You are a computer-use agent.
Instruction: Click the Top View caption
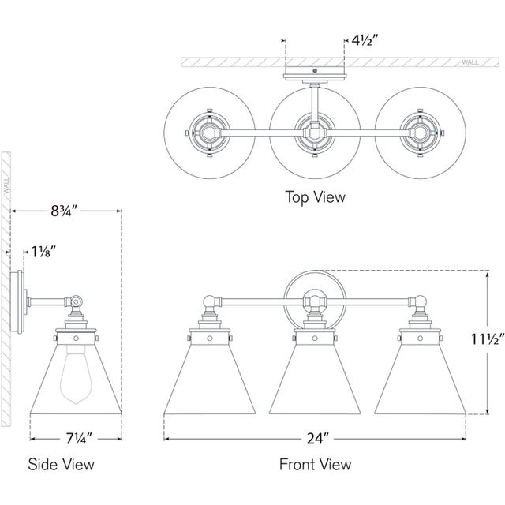315,196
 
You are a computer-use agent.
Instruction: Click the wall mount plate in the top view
314,76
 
